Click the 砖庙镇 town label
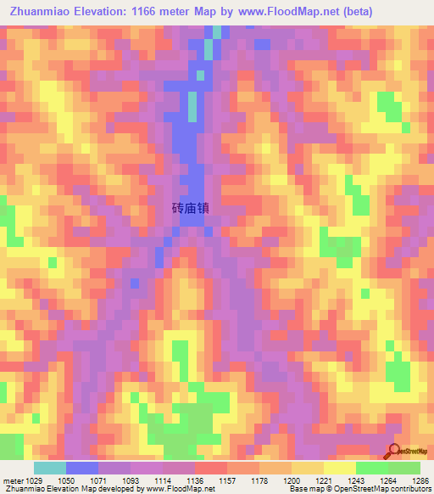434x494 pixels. [191, 207]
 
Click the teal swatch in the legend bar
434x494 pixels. [49, 468]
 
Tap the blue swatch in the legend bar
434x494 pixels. [82, 468]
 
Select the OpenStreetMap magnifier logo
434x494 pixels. [394, 452]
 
